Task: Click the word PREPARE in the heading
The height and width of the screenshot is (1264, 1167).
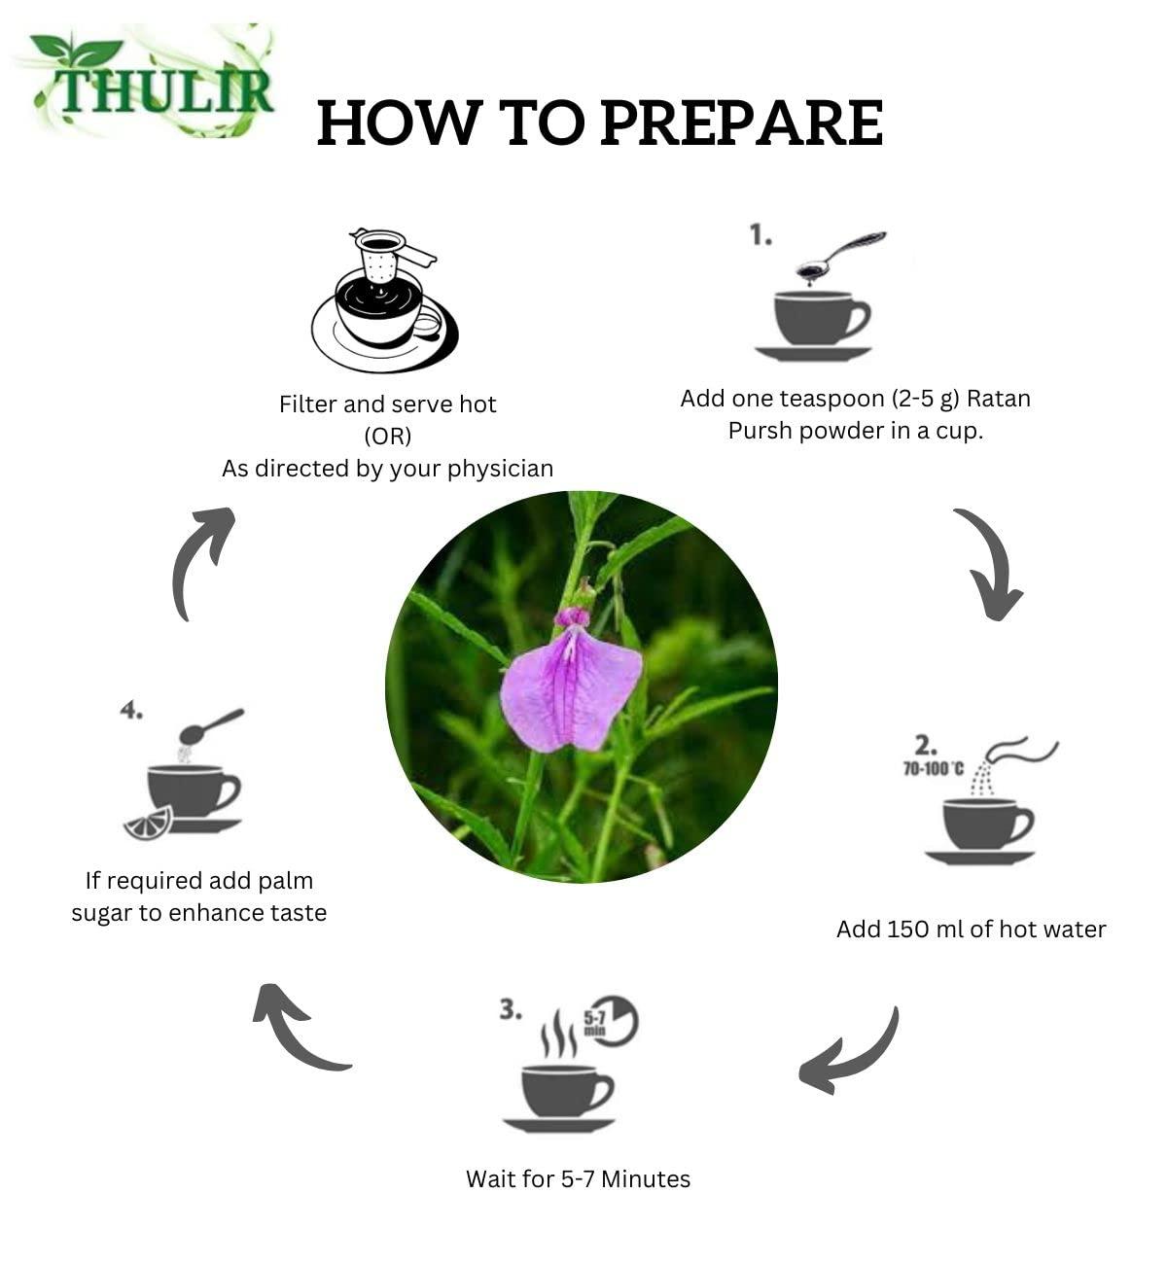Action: point(740,123)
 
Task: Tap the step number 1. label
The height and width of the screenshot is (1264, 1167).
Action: point(760,235)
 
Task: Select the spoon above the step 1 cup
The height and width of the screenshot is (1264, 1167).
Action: point(840,255)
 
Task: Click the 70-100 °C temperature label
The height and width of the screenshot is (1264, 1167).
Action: point(933,769)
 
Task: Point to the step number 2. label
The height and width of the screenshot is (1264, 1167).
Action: point(925,746)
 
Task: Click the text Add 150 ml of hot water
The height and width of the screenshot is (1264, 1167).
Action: point(971,930)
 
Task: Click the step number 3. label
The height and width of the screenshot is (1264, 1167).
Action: point(511,1009)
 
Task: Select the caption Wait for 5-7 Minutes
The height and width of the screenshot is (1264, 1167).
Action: point(578,1179)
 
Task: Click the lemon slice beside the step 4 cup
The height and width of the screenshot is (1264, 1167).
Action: point(149,823)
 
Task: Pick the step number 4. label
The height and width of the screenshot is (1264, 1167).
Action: point(131,711)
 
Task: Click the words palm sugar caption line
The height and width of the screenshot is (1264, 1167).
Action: point(199,913)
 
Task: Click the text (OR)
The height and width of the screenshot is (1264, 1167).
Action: point(387,436)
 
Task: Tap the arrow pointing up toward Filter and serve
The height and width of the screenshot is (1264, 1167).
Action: point(200,560)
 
